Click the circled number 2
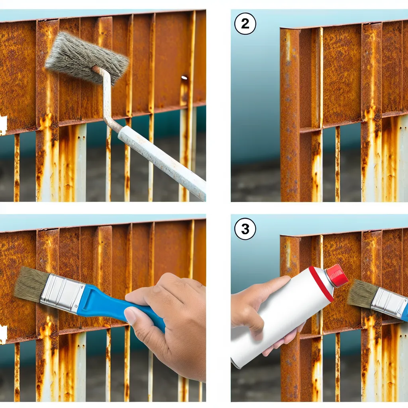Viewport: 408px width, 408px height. tap(245, 24)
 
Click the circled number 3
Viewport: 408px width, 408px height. tap(245, 229)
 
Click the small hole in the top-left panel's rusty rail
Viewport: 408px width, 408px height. tap(184, 77)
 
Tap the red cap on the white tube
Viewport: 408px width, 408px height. tap(337, 276)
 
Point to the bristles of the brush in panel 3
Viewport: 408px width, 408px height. tap(362, 293)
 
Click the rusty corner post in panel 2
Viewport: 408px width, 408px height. tap(290, 114)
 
